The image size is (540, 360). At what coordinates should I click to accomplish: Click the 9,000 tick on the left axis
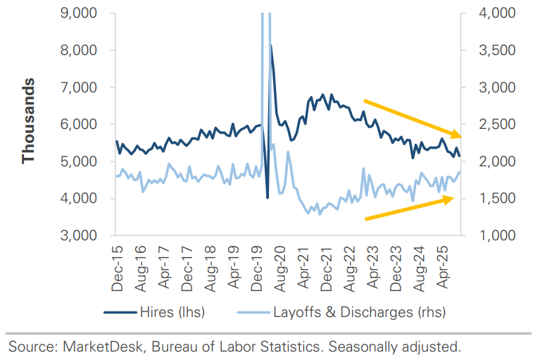79,13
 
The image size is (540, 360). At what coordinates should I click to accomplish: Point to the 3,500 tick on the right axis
497,50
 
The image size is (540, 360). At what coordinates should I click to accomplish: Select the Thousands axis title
28,121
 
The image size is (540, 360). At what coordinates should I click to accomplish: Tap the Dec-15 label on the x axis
118,268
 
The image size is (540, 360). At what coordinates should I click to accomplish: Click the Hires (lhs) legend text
172,312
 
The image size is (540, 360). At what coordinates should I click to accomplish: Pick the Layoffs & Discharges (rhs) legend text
360,312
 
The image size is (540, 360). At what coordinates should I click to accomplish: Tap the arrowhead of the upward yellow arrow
449,199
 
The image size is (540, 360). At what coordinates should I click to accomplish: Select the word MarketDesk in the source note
103,347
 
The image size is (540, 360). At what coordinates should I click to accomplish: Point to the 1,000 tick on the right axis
497,235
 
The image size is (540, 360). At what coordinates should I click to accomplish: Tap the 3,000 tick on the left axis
79,235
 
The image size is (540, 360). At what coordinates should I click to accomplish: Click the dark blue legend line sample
120,313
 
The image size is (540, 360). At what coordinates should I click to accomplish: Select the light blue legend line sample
253,313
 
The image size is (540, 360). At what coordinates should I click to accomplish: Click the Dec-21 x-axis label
327,268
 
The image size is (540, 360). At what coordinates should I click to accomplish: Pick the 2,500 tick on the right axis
497,125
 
